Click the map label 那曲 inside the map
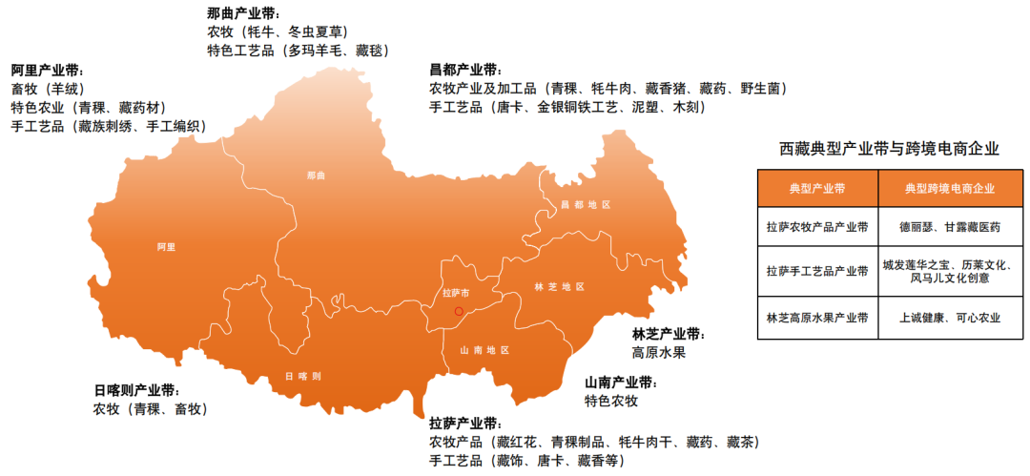point(317,176)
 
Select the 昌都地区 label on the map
point(585,205)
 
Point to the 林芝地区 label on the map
point(559,286)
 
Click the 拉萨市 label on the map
point(458,292)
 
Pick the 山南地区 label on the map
point(484,350)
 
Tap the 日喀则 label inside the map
point(302,376)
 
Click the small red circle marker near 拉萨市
point(459,311)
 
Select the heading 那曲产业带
point(242,13)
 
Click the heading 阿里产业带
point(47,71)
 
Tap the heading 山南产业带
point(620,383)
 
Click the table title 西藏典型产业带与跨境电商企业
point(889,149)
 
